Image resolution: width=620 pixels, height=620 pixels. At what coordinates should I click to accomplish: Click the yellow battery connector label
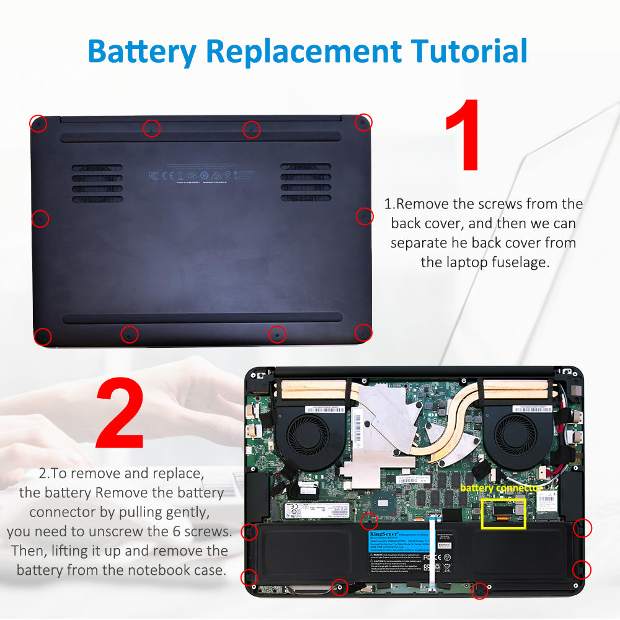click(501, 488)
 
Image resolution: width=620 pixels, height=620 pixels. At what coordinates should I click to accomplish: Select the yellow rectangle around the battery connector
click(503, 513)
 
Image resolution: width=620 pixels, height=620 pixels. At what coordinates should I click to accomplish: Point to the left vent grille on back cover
click(97, 183)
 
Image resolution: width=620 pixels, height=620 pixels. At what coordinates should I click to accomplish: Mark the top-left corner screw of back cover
click(38, 123)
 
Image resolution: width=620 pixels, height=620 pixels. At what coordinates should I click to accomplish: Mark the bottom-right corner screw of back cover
click(363, 333)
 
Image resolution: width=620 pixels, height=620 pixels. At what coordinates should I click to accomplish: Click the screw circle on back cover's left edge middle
click(40, 218)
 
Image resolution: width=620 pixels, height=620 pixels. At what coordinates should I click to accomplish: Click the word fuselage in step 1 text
click(516, 262)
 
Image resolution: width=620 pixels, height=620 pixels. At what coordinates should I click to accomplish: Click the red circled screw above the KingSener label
click(370, 521)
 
